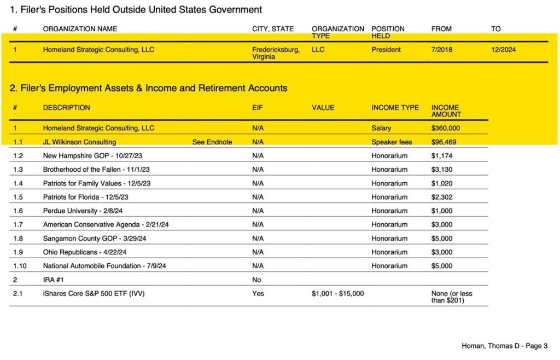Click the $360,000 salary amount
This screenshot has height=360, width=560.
(445, 128)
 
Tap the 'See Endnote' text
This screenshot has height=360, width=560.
(212, 142)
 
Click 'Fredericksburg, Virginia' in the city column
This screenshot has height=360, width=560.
(276, 53)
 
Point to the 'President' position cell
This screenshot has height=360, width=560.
(386, 50)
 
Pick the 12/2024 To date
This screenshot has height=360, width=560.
(503, 50)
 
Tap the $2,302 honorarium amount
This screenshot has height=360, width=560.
(442, 197)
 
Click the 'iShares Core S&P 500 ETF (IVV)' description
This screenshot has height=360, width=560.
(94, 294)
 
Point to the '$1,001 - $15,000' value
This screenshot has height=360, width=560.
(337, 294)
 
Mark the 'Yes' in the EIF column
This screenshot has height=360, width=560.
(258, 294)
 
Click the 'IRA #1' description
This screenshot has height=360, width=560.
(55, 280)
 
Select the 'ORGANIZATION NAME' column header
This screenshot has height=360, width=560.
(80, 29)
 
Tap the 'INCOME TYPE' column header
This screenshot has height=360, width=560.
(395, 108)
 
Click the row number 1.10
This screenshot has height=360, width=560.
(20, 266)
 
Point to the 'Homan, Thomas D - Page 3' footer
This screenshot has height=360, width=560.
(504, 346)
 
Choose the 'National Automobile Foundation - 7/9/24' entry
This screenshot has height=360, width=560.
(104, 266)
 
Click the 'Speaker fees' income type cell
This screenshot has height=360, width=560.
(392, 142)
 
